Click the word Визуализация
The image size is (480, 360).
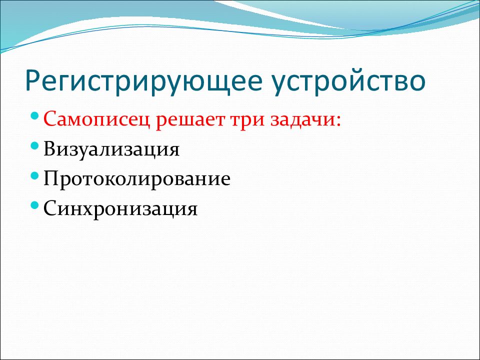111,149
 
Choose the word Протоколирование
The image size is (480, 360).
137,179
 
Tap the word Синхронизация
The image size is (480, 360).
120,209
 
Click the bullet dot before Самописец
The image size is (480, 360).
35,115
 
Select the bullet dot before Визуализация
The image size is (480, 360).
35,145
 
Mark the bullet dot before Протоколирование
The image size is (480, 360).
35,175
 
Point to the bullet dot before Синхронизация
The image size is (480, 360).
35,205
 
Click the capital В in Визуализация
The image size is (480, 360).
50,148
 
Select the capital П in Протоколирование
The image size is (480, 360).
52,178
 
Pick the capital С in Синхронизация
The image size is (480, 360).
50,208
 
